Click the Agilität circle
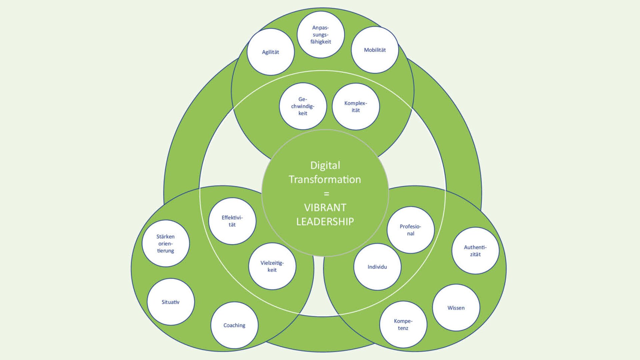[270, 52]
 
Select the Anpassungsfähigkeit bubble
[321, 35]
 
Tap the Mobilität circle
[375, 50]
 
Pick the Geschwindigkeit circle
[303, 106]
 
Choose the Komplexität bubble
[356, 107]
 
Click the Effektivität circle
[232, 221]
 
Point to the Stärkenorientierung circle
[166, 243]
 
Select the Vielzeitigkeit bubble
[272, 266]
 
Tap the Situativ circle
[171, 302]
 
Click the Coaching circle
[234, 325]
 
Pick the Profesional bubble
[411, 230]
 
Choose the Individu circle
[377, 267]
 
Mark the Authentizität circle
[475, 251]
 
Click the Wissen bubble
[456, 308]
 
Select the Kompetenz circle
[403, 324]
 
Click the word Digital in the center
[325, 165]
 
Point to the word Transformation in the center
[325, 179]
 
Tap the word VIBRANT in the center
[325, 207]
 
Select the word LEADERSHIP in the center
[325, 221]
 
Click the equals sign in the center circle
[326, 193]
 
